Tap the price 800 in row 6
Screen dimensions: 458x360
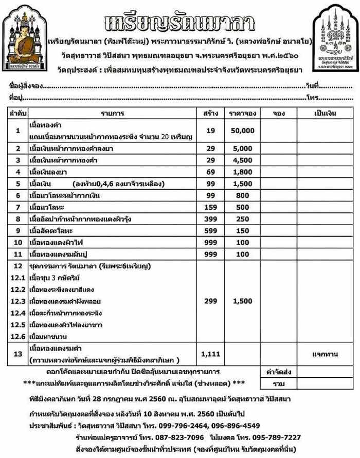tap(243, 195)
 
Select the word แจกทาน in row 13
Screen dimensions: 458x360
tap(324, 354)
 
